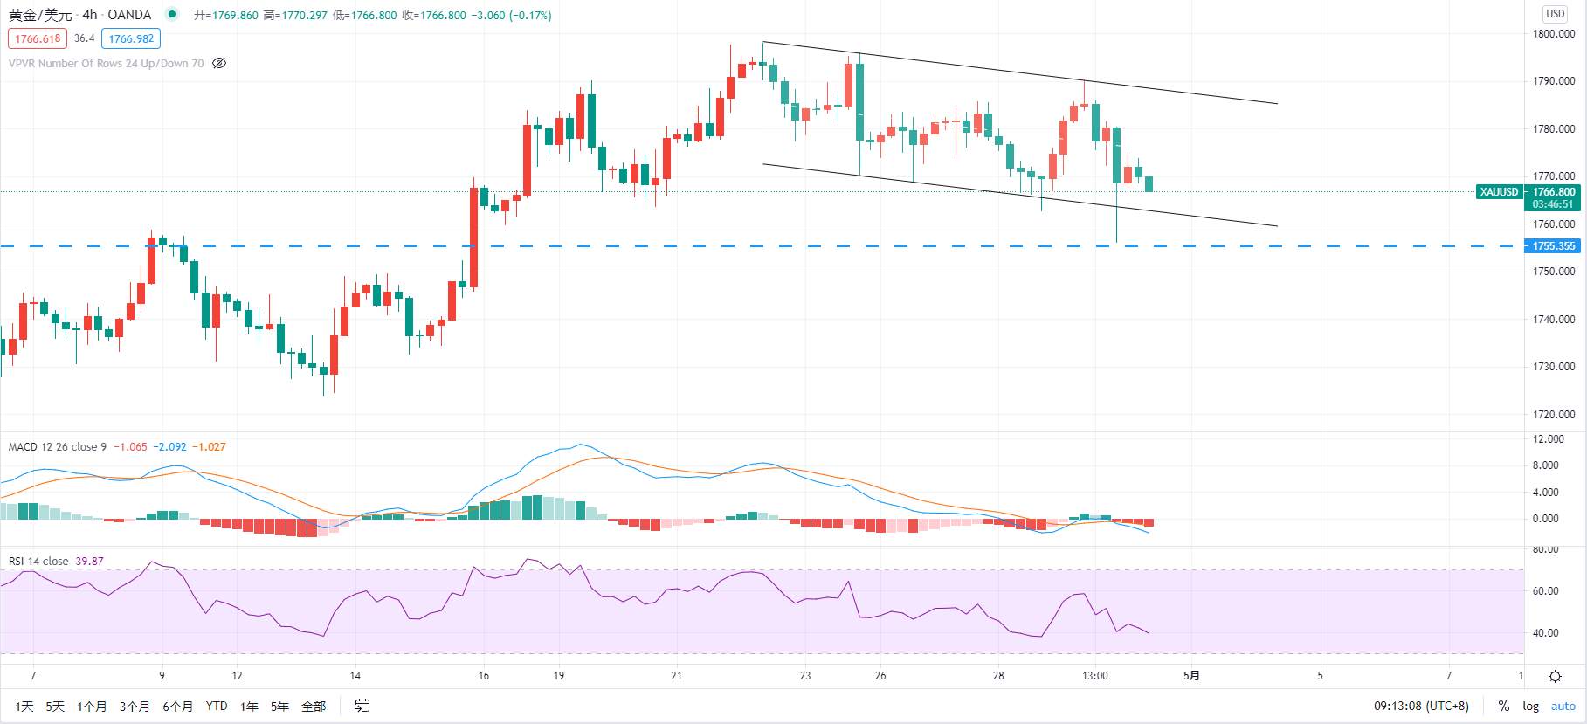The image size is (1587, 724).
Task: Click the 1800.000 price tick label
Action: tap(1554, 34)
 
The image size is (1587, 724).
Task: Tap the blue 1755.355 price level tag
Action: tap(1554, 246)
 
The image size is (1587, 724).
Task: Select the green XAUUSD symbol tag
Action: tap(1499, 192)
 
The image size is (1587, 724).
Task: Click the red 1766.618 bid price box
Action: tap(38, 38)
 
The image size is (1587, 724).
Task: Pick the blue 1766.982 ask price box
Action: tap(131, 38)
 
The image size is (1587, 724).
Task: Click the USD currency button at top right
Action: tap(1556, 13)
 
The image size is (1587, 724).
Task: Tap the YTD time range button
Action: tap(217, 706)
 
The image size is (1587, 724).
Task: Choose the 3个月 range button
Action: tap(135, 706)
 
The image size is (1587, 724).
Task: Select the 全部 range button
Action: tap(314, 706)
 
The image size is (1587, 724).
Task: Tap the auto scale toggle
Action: tap(1563, 706)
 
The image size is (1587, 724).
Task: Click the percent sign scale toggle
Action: tap(1503, 706)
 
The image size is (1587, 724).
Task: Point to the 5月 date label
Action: tap(1191, 676)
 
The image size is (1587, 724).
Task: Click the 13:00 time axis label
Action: tap(1095, 676)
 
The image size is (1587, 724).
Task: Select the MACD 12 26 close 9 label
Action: tap(58, 446)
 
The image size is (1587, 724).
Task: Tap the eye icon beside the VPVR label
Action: tap(219, 63)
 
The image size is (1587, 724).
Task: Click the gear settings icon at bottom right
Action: tap(1556, 677)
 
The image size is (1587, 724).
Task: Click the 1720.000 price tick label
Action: tap(1554, 415)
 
